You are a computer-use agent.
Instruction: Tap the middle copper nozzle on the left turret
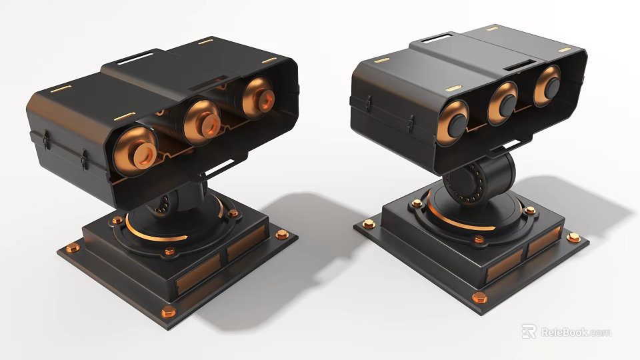click(201, 119)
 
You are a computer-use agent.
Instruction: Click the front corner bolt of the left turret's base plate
click(169, 311)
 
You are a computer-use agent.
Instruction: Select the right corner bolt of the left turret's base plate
click(281, 234)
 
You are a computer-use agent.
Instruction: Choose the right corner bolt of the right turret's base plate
click(572, 237)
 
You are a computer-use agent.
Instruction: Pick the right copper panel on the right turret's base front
click(543, 241)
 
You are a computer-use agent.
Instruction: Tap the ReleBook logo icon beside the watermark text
click(529, 331)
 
